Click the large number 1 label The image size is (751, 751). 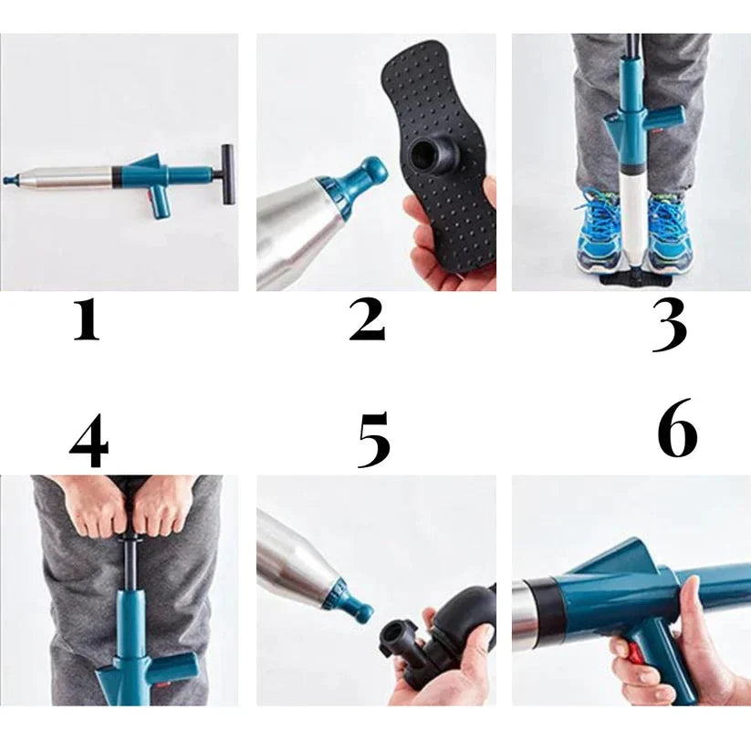tap(87, 320)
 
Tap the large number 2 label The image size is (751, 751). tap(367, 319)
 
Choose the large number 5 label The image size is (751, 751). tap(374, 440)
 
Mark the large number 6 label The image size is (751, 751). tap(677, 428)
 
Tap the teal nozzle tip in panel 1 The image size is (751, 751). tap(9, 179)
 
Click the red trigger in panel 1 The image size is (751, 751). tap(153, 195)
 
